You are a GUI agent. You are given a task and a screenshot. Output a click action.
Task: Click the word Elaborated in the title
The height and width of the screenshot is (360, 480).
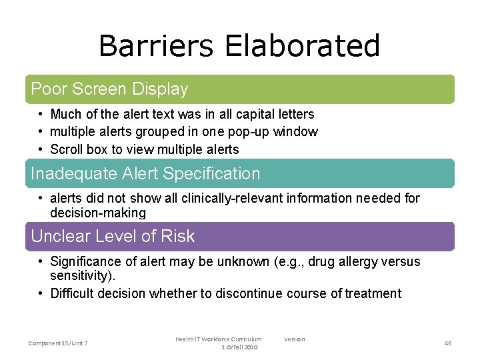302,46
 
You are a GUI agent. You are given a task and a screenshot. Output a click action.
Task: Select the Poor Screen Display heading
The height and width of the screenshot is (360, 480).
109,89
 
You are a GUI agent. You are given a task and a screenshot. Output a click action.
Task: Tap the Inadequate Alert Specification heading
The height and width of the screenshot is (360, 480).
145,173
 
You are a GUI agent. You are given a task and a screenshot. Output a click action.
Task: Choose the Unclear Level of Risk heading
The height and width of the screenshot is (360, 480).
113,236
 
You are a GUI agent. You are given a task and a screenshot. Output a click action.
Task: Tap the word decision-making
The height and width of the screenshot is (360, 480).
97,213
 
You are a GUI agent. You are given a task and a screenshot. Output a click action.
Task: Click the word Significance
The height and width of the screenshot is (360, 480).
85,261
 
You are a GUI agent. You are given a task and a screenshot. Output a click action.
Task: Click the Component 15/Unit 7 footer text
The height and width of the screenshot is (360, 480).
58,343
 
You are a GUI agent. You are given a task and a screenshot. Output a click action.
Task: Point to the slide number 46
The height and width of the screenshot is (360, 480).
447,343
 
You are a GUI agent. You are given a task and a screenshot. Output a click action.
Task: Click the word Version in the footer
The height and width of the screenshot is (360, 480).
294,339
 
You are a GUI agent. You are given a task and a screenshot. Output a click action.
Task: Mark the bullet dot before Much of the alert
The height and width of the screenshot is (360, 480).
41,115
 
